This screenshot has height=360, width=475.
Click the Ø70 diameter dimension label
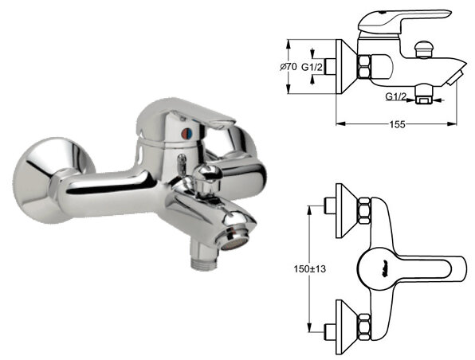tap(288, 67)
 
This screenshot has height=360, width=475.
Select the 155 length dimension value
tap(397, 124)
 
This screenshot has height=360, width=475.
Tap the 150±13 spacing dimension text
tap(309, 268)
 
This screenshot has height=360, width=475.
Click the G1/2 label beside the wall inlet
tap(312, 67)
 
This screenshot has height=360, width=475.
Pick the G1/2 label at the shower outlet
tap(396, 96)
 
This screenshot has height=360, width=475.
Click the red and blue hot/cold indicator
tap(186, 132)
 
